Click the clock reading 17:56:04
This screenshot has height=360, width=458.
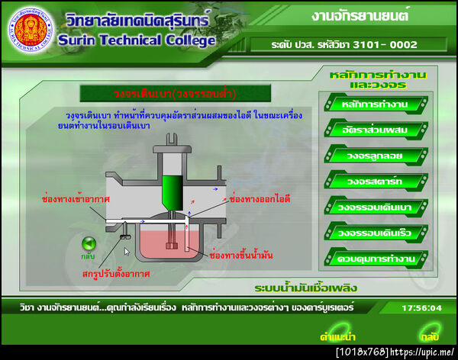click(x=421, y=307)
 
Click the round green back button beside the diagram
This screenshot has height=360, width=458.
click(x=89, y=244)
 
